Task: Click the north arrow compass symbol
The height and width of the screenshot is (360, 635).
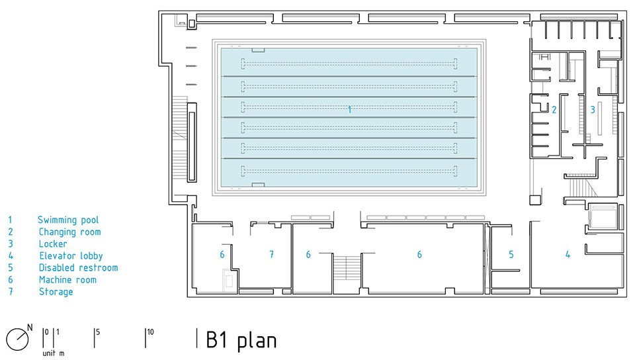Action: pos(17,339)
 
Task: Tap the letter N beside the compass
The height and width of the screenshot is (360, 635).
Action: pos(30,327)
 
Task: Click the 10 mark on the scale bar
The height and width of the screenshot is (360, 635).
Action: pos(150,332)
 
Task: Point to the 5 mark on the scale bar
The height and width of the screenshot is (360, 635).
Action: pos(98,332)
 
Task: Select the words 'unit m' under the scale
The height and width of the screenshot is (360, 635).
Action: pos(53,353)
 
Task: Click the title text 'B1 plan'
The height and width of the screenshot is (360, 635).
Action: pos(241,339)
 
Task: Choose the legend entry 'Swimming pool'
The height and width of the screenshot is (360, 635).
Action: pos(68,220)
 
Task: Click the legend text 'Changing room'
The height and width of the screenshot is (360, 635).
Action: pos(69,232)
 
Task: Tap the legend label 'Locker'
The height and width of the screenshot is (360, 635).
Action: pos(53,244)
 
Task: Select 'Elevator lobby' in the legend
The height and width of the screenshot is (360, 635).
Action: pos(71,256)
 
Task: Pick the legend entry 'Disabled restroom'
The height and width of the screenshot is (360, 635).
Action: pos(78,267)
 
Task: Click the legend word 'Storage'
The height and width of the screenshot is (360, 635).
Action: pos(56,292)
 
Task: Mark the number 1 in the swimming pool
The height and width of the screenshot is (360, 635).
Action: pos(349,109)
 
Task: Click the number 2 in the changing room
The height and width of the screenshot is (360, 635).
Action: pos(554,109)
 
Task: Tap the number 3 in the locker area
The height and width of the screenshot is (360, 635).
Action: pos(593,109)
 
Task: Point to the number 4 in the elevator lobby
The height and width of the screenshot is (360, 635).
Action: pos(568,254)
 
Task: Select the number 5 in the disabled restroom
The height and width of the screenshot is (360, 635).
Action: pos(511,254)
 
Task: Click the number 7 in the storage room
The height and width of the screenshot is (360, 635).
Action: pos(271,254)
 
